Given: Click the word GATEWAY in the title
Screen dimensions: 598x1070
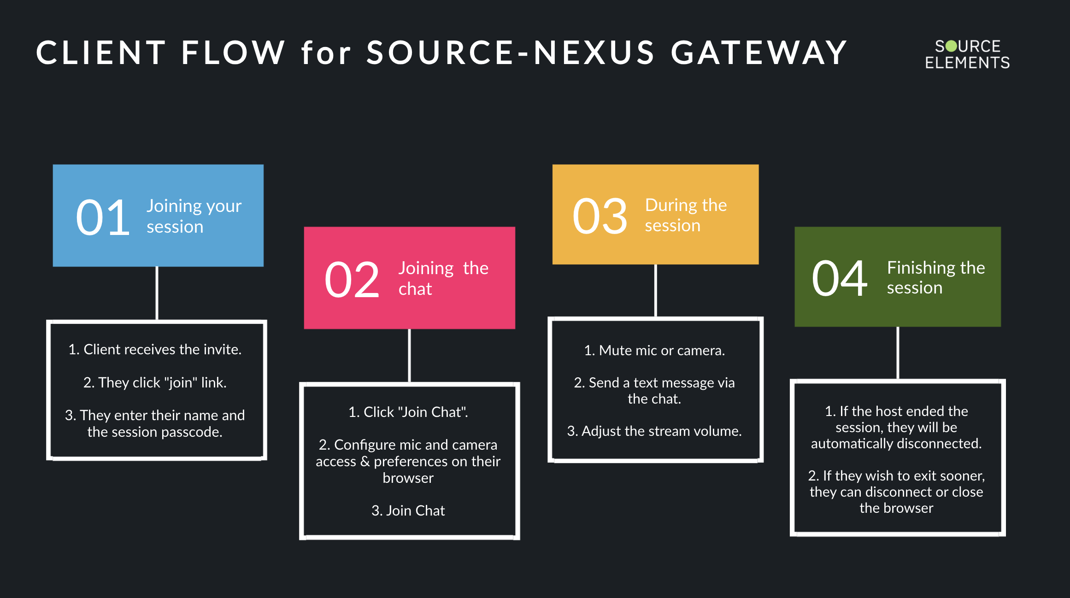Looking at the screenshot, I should click(758, 53).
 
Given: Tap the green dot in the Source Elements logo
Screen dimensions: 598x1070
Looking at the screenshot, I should click(951, 46).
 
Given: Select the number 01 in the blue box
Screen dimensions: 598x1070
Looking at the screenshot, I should click(103, 217).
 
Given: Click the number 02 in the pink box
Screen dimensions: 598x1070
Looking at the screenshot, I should click(352, 280).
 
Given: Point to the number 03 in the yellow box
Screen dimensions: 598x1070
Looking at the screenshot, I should click(600, 216).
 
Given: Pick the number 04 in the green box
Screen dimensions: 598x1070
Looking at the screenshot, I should click(840, 278).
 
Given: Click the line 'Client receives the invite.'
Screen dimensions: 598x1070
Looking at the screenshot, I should click(155, 349).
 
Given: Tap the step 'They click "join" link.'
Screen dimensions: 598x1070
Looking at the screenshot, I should click(155, 382).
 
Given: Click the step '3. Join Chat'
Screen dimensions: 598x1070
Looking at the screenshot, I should click(408, 510).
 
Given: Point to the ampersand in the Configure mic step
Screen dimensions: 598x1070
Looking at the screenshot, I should click(365, 461).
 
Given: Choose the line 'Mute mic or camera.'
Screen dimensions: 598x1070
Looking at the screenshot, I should click(654, 351).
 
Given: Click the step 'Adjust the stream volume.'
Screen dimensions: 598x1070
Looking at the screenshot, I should click(654, 431).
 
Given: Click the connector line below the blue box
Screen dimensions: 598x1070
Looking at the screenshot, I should click(157, 293).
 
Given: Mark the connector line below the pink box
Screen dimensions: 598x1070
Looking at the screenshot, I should click(409, 355).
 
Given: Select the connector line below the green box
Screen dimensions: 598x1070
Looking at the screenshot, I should click(898, 353).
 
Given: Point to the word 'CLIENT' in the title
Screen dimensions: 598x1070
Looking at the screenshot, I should click(101, 53).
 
